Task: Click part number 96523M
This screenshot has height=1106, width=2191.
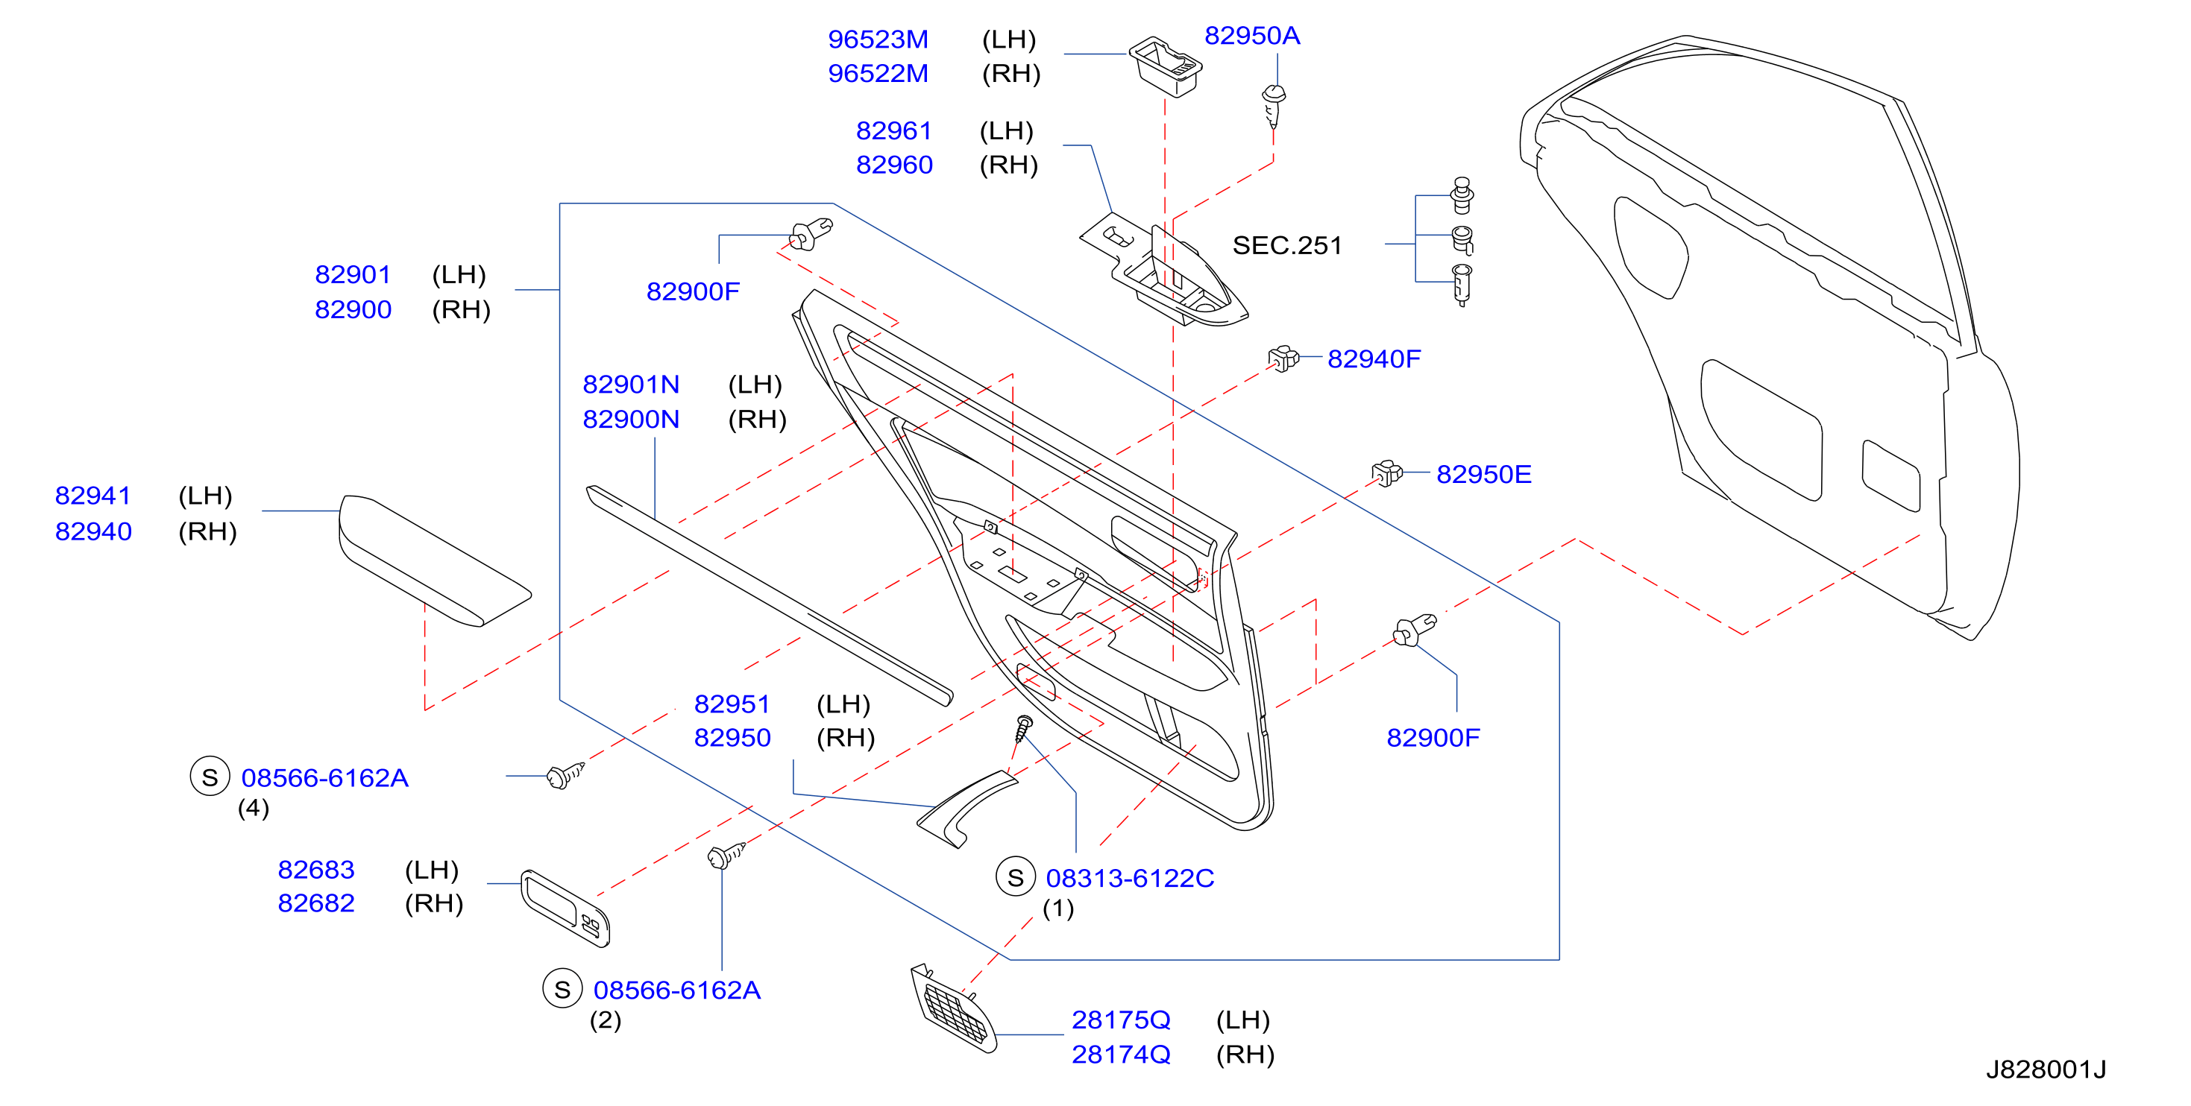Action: click(878, 39)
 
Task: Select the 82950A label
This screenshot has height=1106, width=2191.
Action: click(1252, 36)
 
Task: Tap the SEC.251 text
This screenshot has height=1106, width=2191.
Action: click(1287, 246)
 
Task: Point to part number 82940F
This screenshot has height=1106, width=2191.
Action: click(1374, 358)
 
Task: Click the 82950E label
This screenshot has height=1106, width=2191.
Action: click(1483, 474)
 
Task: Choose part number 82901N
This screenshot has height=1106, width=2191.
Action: click(630, 385)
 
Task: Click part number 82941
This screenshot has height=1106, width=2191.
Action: click(92, 496)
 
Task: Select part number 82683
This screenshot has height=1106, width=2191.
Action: click(315, 870)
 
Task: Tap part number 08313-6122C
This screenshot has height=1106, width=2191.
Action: click(1130, 878)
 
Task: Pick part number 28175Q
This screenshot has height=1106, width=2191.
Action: click(1120, 1020)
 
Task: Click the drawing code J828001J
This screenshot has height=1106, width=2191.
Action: click(2046, 1069)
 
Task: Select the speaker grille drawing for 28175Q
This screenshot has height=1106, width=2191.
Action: click(952, 1009)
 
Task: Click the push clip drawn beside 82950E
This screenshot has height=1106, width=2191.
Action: click(1386, 473)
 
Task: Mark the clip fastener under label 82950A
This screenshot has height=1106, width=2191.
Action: click(1273, 107)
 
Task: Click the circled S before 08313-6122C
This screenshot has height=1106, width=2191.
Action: click(1016, 878)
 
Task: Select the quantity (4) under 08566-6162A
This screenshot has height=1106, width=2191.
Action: click(254, 808)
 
